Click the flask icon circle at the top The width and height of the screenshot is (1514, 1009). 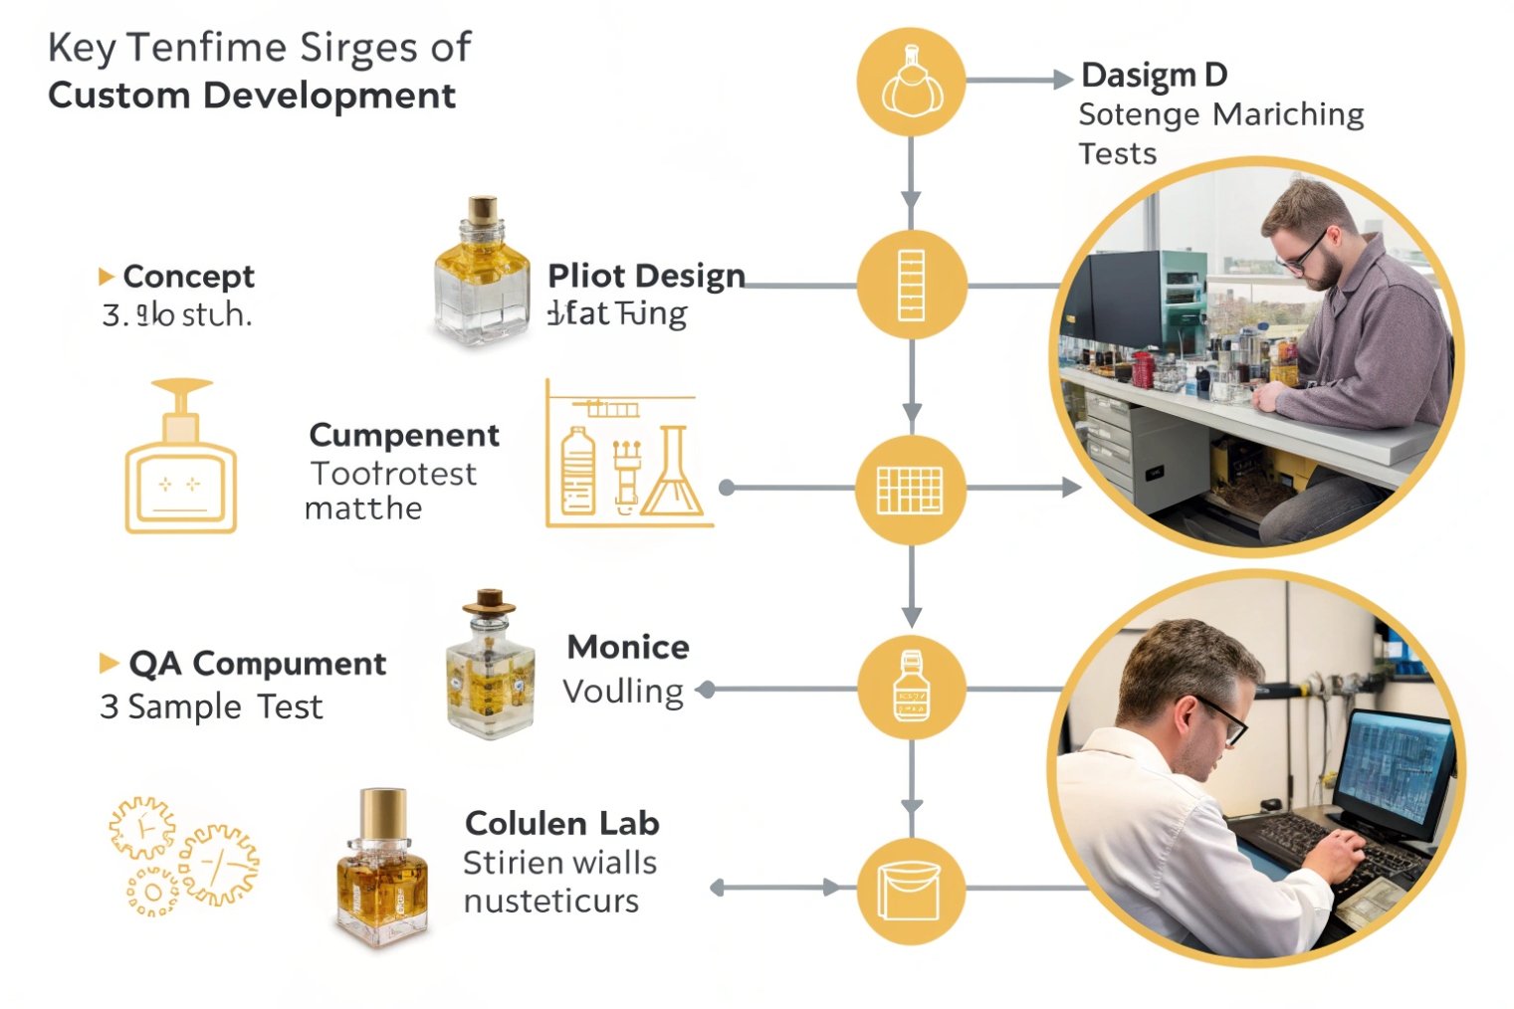(911, 82)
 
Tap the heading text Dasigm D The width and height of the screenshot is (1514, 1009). (1154, 75)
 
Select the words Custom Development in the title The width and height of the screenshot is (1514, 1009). (252, 96)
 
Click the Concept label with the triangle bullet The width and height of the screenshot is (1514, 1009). (187, 276)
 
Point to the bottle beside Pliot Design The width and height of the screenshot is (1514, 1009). (482, 274)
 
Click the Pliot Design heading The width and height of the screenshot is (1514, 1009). (646, 276)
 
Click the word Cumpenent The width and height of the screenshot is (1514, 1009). (404, 435)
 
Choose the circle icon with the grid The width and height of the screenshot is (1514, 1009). (911, 489)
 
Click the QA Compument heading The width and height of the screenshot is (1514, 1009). (257, 664)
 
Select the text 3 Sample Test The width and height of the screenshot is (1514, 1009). (211, 706)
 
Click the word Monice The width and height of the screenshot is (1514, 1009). (628, 648)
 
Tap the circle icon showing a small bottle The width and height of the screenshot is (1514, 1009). (911, 688)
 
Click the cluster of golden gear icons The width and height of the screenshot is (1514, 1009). (182, 855)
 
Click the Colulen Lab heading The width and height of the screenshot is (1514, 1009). (561, 824)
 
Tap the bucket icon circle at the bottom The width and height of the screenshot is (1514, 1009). (911, 891)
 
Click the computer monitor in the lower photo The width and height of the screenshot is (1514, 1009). (1395, 766)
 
